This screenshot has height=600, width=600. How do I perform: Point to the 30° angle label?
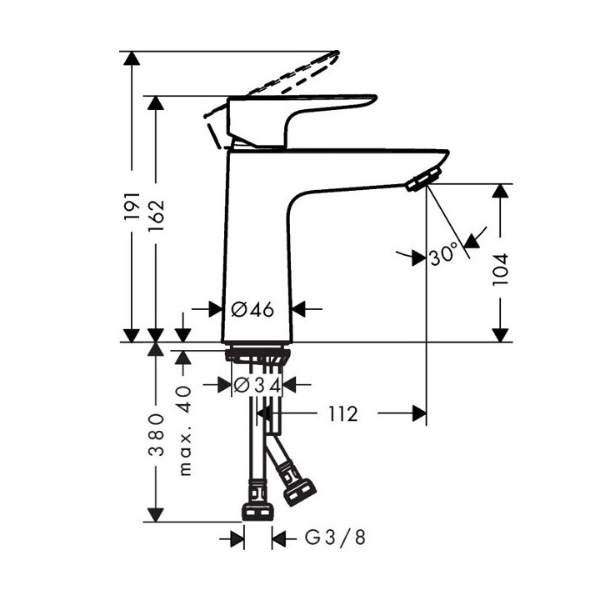click(x=444, y=254)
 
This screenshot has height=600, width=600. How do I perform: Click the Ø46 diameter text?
click(x=252, y=309)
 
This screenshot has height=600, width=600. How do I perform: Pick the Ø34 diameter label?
click(x=257, y=385)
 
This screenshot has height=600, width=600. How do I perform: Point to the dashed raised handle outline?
click(x=292, y=75)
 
